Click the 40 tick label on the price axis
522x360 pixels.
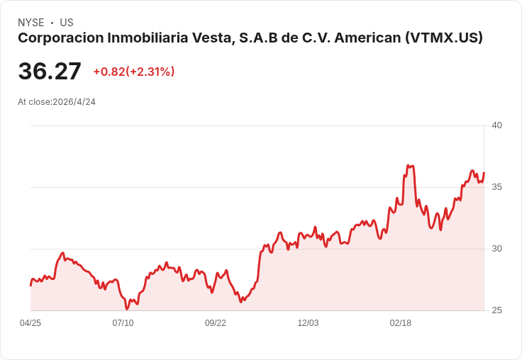[496, 125]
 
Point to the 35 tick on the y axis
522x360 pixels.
[496, 187]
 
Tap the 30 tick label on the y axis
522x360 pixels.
[496, 249]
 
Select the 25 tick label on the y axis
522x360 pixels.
[496, 310]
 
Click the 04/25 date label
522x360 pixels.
[30, 323]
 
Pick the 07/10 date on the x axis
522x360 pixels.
[123, 323]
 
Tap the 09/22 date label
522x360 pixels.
[216, 323]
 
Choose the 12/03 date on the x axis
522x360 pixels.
[308, 323]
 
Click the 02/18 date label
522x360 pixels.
[401, 323]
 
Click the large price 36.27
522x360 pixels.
[50, 71]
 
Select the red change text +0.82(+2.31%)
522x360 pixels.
[134, 72]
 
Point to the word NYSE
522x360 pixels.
[31, 23]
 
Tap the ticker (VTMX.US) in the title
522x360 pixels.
[444, 38]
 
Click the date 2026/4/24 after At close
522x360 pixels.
[74, 102]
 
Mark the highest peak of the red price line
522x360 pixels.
[408, 165]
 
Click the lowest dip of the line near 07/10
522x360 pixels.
[126, 309]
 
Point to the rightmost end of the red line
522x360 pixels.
[484, 173]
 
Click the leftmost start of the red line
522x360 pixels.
[30, 286]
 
